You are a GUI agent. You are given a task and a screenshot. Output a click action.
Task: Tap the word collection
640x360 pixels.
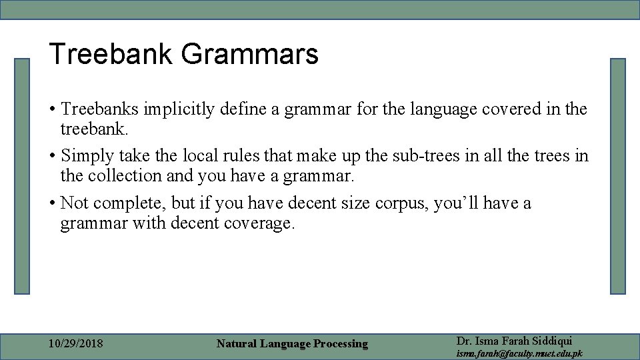(x=124, y=175)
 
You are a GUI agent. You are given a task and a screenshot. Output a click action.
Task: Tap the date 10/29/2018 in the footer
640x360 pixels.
(x=76, y=343)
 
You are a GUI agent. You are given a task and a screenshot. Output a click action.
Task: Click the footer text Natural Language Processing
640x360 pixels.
(x=292, y=344)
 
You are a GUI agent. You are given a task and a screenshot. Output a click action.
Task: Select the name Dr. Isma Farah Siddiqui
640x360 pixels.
(x=514, y=341)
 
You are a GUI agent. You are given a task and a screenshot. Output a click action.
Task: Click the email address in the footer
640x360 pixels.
(x=519, y=353)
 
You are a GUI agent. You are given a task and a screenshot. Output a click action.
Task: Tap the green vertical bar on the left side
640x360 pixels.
(x=23, y=176)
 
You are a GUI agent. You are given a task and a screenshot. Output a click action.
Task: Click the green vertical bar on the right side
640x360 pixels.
(x=618, y=176)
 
